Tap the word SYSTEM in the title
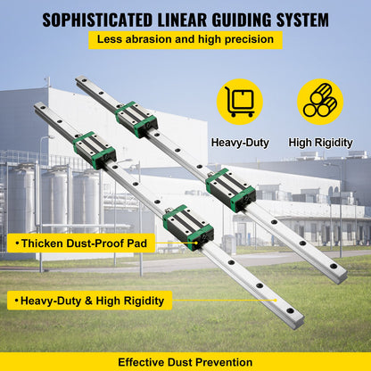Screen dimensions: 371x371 click(x=299, y=19)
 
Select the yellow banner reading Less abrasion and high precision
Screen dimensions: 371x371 click(x=185, y=40)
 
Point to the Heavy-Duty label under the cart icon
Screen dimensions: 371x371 click(x=240, y=142)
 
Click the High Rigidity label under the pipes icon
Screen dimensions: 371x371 click(x=320, y=142)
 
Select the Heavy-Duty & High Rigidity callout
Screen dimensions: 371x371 click(x=89, y=301)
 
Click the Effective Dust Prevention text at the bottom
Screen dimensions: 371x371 click(x=185, y=361)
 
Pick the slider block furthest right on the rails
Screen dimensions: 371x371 click(x=230, y=190)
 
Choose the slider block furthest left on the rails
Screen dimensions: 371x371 click(x=94, y=149)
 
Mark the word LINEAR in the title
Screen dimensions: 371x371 click(x=176, y=19)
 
